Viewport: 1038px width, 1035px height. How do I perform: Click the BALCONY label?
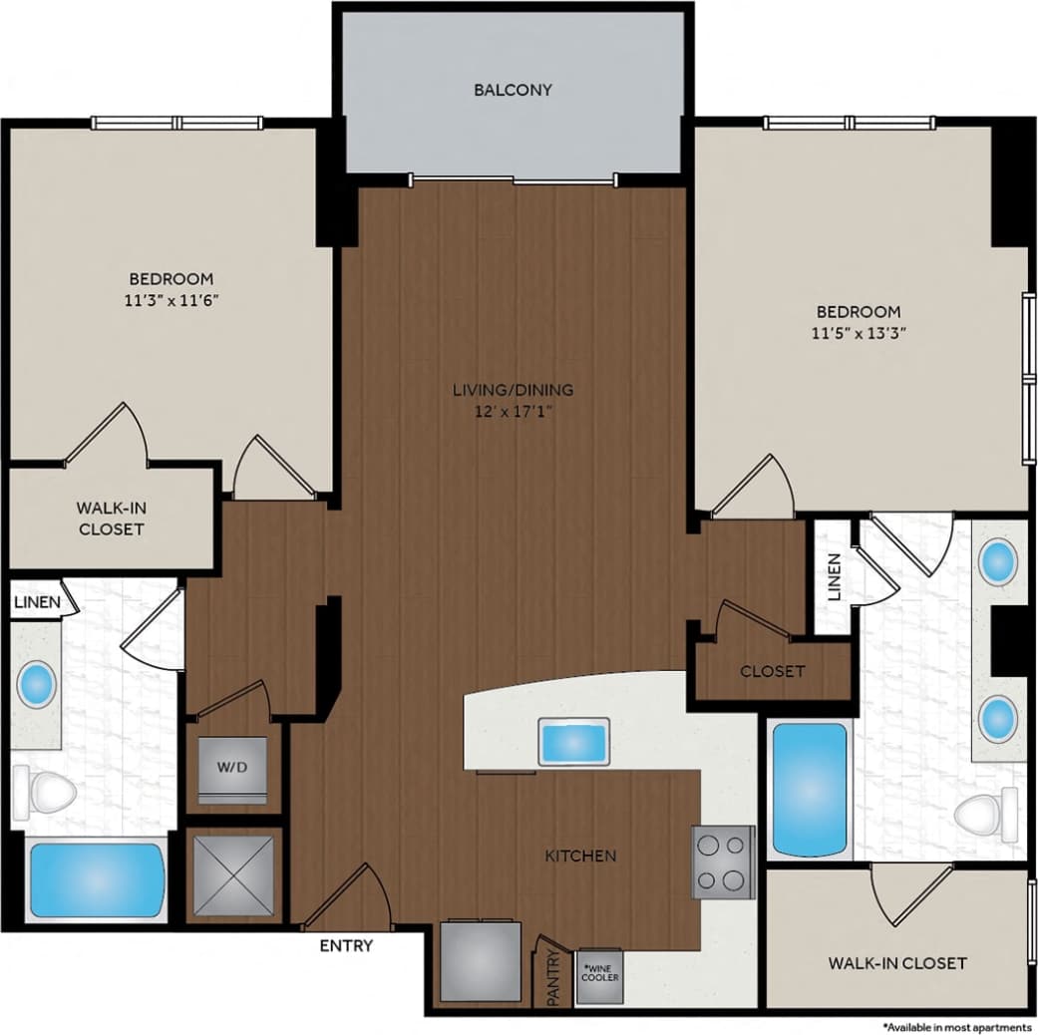pos(513,90)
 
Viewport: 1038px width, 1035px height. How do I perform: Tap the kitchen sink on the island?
pos(573,741)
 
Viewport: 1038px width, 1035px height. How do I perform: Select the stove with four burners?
pos(723,862)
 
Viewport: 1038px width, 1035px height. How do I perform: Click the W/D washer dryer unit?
pos(232,769)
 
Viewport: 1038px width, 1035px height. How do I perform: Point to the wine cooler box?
pos(600,974)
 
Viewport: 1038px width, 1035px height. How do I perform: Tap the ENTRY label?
pos(346,945)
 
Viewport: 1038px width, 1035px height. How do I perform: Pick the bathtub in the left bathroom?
pos(96,880)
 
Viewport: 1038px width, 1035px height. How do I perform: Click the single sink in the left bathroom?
pos(37,685)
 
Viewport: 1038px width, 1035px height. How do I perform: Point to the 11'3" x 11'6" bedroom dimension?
pos(171,298)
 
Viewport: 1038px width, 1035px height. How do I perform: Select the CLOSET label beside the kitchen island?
pos(772,671)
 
